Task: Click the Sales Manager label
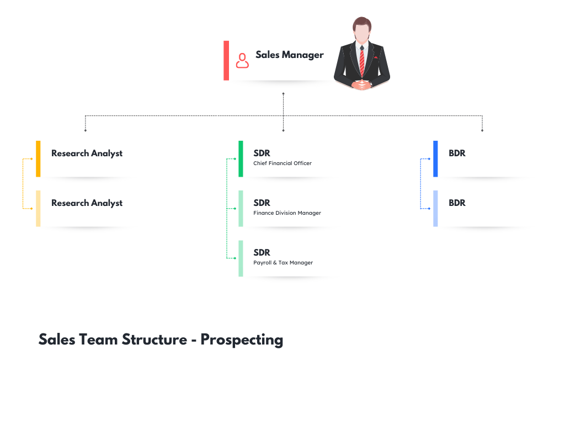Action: pos(289,55)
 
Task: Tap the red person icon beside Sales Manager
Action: pos(242,60)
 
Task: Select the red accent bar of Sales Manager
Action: pos(226,60)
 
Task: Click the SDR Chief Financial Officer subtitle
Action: pos(282,163)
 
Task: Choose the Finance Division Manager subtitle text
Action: pos(287,213)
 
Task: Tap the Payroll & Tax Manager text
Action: pos(283,263)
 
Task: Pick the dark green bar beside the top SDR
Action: pos(241,158)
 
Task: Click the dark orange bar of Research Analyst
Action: pos(38,158)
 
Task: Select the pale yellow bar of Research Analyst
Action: pos(38,208)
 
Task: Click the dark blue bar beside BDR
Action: pos(435,158)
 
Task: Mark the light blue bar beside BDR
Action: pos(435,208)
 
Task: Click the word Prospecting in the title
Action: pos(242,339)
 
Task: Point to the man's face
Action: pos(361,32)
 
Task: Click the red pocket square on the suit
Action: pos(376,57)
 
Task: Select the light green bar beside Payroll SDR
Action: pos(241,258)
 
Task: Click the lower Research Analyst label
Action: pos(87,203)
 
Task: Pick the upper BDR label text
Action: pos(457,153)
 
